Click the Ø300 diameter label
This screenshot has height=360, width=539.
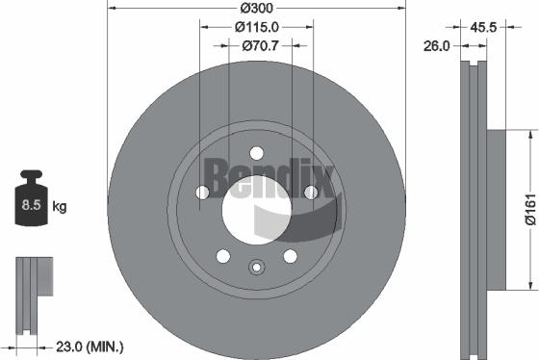[x=255, y=9]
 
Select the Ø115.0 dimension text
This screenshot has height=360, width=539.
[x=255, y=27]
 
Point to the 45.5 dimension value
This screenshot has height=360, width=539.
[x=485, y=28]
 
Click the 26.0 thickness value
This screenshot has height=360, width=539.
[x=438, y=44]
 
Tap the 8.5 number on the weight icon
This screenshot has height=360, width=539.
[x=29, y=206]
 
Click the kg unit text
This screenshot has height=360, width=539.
[x=59, y=207]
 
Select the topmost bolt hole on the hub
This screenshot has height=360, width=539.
[x=256, y=152]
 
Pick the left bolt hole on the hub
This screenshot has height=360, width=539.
[x=202, y=193]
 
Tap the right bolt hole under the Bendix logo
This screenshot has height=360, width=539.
[x=310, y=193]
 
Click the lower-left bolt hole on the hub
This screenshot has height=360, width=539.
[x=223, y=255]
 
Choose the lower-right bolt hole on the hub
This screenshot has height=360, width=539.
[x=290, y=255]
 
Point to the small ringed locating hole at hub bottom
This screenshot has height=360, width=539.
[x=256, y=268]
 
